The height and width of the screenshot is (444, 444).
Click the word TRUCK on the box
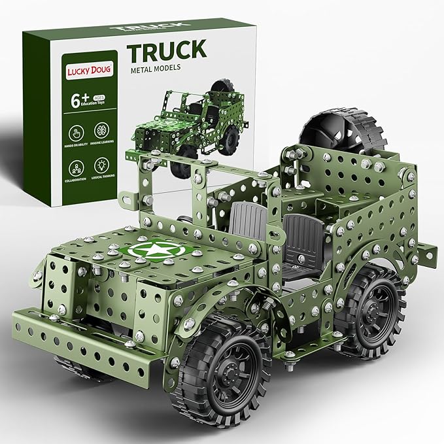coord(167,50)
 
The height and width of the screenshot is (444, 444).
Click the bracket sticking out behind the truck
coord(427,249)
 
